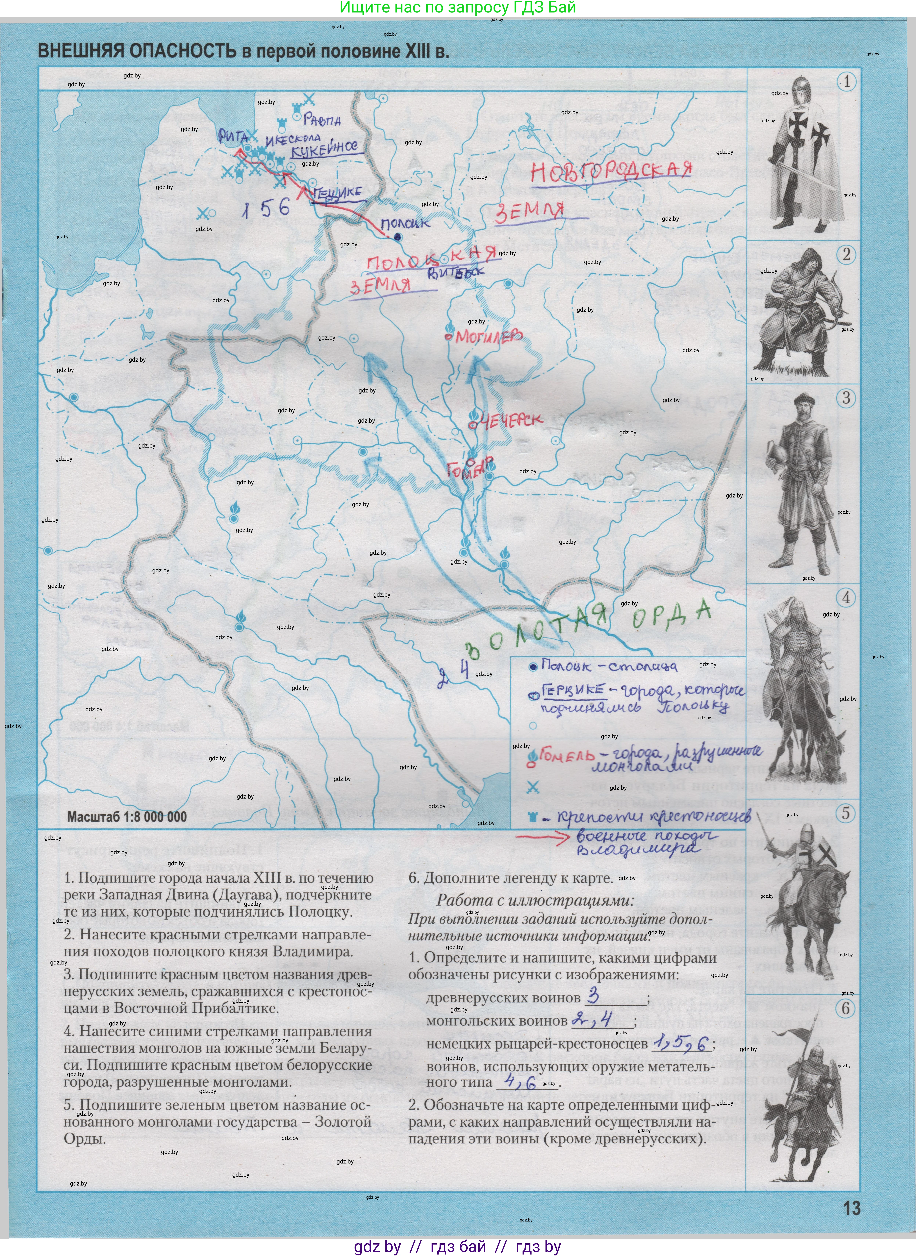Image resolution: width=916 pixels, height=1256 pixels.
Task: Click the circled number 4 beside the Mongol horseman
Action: pos(845,598)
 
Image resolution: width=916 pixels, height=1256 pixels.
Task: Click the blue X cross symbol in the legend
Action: pos(533,787)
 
